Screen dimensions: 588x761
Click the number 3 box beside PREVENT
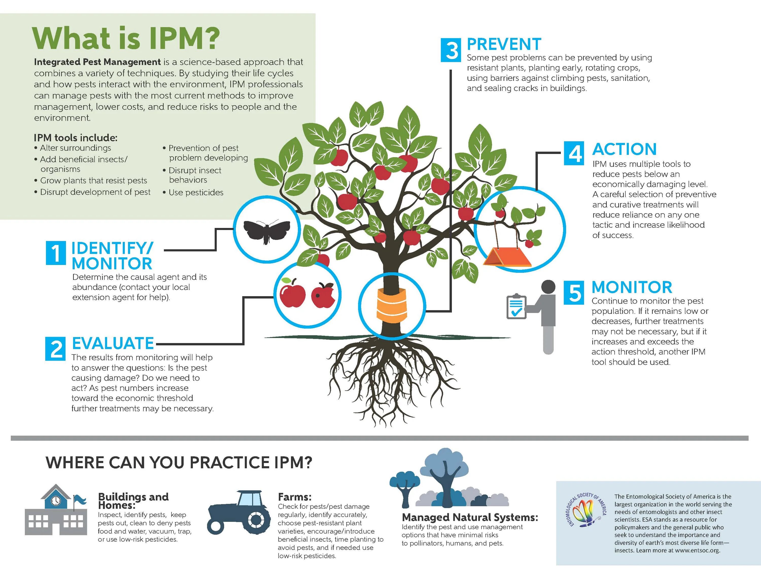451,50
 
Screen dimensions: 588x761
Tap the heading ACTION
625,149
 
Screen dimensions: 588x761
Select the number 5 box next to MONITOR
574,292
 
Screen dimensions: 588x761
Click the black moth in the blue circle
267,230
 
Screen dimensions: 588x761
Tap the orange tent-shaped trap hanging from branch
507,258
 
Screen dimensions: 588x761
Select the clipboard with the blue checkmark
516,307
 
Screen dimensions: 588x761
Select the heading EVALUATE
113,344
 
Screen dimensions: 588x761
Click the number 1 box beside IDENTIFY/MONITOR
56,253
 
